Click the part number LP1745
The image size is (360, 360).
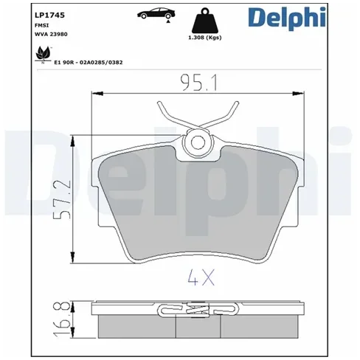pyautogui.click(x=49, y=15)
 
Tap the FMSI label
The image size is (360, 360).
pyautogui.click(x=42, y=25)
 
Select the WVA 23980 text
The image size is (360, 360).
pyautogui.click(x=51, y=34)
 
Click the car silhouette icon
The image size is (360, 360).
pyautogui.click(x=156, y=13)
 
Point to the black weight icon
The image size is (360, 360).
pyautogui.click(x=205, y=21)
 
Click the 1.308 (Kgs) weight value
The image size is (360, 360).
pyautogui.click(x=205, y=38)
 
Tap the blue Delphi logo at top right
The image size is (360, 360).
pyautogui.click(x=287, y=18)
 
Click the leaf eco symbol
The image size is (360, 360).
pyautogui.click(x=43, y=55)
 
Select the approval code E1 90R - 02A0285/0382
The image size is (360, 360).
pyautogui.click(x=89, y=63)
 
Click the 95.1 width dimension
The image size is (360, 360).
pyautogui.click(x=199, y=83)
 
